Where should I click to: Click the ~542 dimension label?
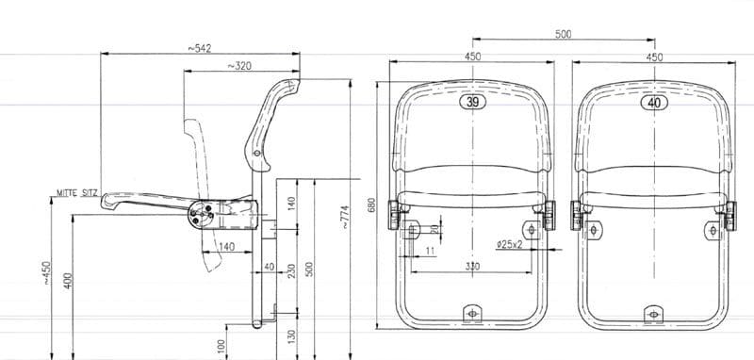pyautogui.click(x=199, y=48)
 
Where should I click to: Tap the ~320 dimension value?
pyautogui.click(x=239, y=66)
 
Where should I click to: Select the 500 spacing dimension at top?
pyautogui.click(x=563, y=34)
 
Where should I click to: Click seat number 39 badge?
pyautogui.click(x=473, y=102)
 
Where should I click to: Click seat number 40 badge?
pyautogui.click(x=654, y=103)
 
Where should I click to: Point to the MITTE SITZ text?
pyautogui.click(x=77, y=193)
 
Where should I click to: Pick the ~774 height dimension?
pyautogui.click(x=345, y=217)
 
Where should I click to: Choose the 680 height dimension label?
pyautogui.click(x=370, y=205)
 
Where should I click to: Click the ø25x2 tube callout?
pyautogui.click(x=510, y=244)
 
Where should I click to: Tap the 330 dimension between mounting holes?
pyautogui.click(x=472, y=266)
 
